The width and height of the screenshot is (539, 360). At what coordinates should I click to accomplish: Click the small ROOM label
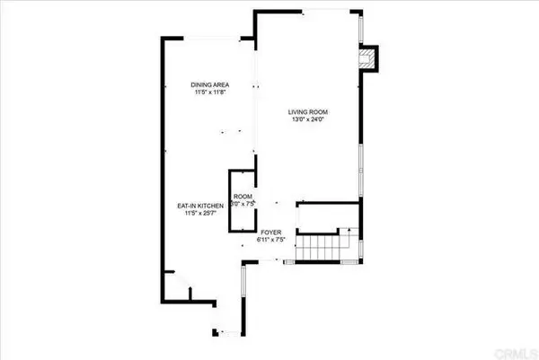pyautogui.click(x=243, y=196)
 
